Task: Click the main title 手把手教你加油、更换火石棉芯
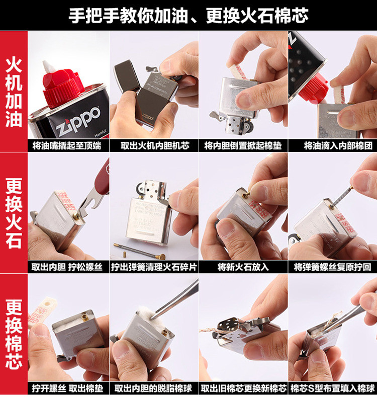click(189, 16)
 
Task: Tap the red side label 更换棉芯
click(14, 334)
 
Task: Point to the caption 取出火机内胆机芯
click(155, 146)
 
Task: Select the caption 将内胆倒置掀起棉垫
click(243, 146)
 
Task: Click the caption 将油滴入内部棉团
click(333, 146)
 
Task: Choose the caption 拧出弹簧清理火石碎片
click(155, 267)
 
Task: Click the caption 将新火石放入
click(243, 267)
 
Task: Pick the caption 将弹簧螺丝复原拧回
click(333, 267)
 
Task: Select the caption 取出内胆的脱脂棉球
click(155, 388)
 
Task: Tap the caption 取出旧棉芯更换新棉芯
click(243, 388)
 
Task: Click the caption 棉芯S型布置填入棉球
click(333, 388)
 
